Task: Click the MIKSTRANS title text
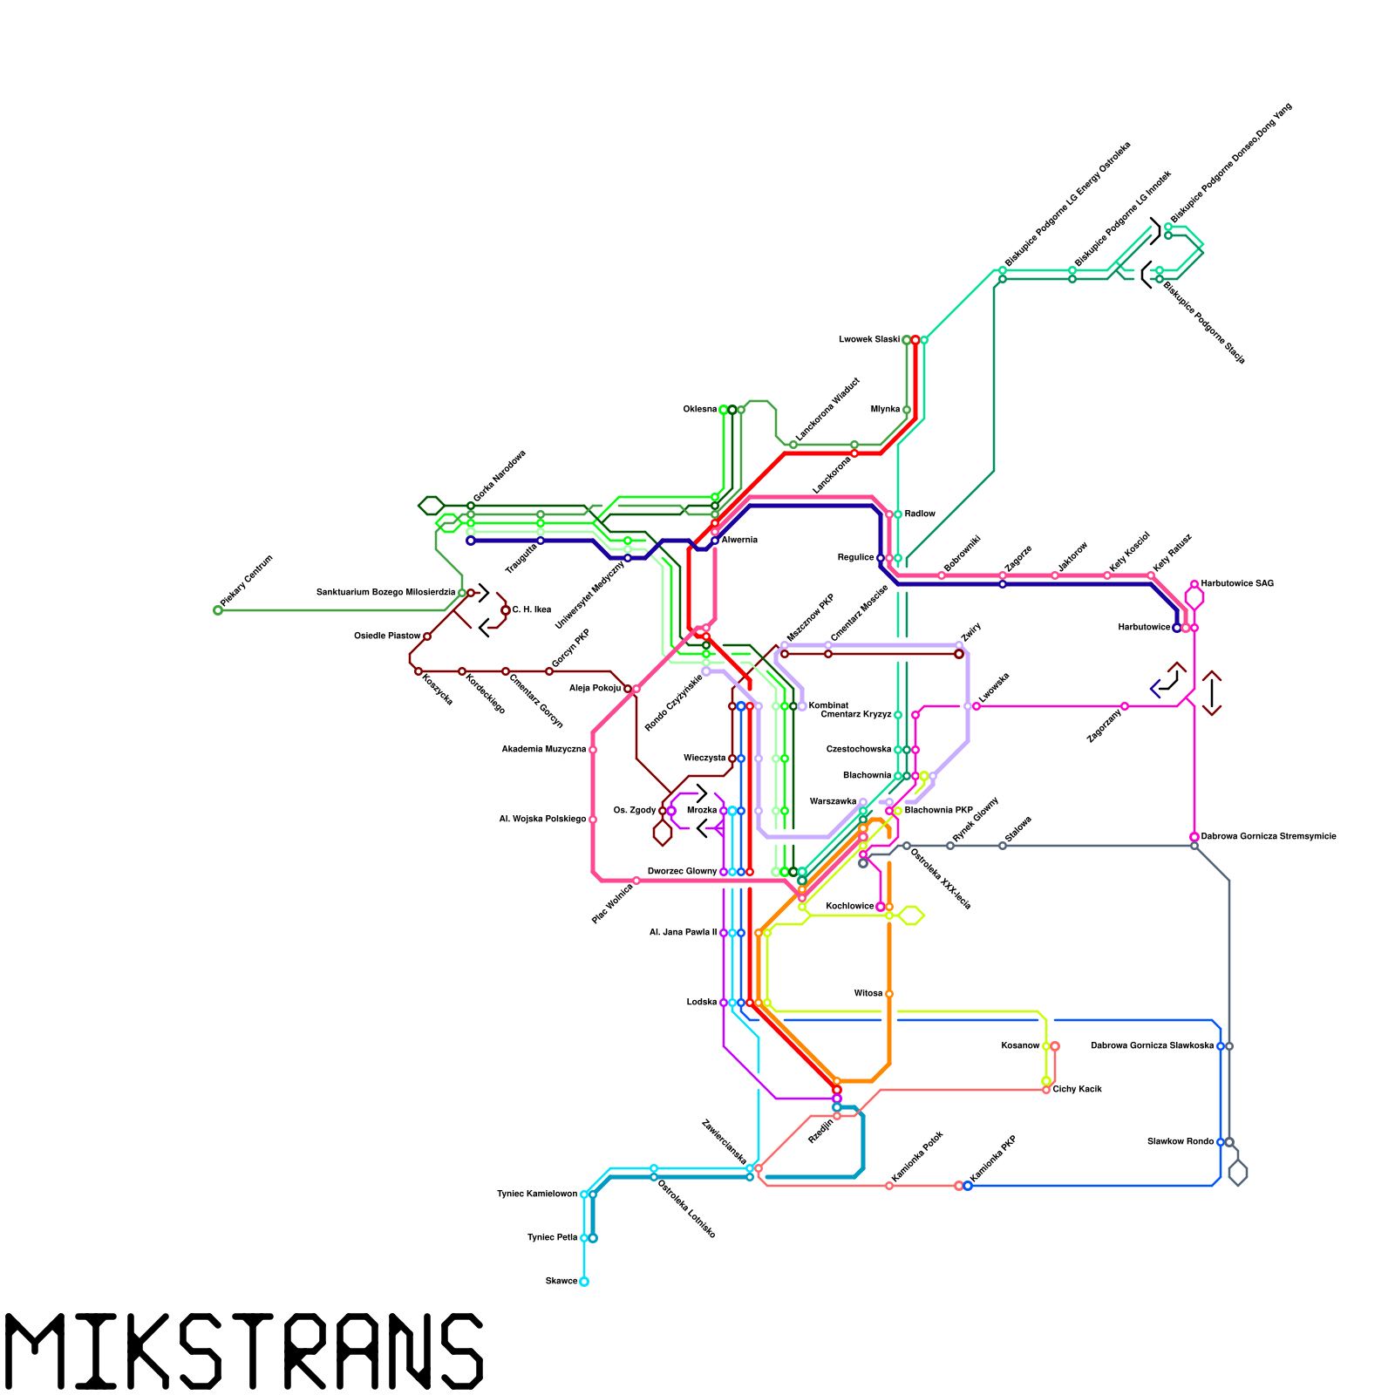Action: tap(244, 1351)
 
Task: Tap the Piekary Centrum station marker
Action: tap(218, 610)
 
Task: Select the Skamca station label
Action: tap(561, 1282)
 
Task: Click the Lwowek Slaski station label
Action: tap(868, 340)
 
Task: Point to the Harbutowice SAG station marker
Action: tap(1194, 584)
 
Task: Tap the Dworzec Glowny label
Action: tap(682, 872)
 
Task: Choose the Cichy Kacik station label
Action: tap(1078, 1090)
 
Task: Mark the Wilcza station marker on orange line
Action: tap(889, 994)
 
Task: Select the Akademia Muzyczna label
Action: tap(543, 750)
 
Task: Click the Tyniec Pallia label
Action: tap(553, 1238)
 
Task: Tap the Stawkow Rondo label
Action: tap(1181, 1142)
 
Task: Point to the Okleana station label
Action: tap(700, 410)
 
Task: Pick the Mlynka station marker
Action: tap(907, 410)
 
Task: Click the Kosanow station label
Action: tap(1020, 1046)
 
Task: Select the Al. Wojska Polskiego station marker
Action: tap(593, 820)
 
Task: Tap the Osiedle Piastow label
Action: tap(387, 636)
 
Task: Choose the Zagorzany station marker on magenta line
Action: tap(1125, 706)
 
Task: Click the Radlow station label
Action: tap(920, 514)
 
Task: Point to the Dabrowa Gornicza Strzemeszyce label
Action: tap(1269, 837)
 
